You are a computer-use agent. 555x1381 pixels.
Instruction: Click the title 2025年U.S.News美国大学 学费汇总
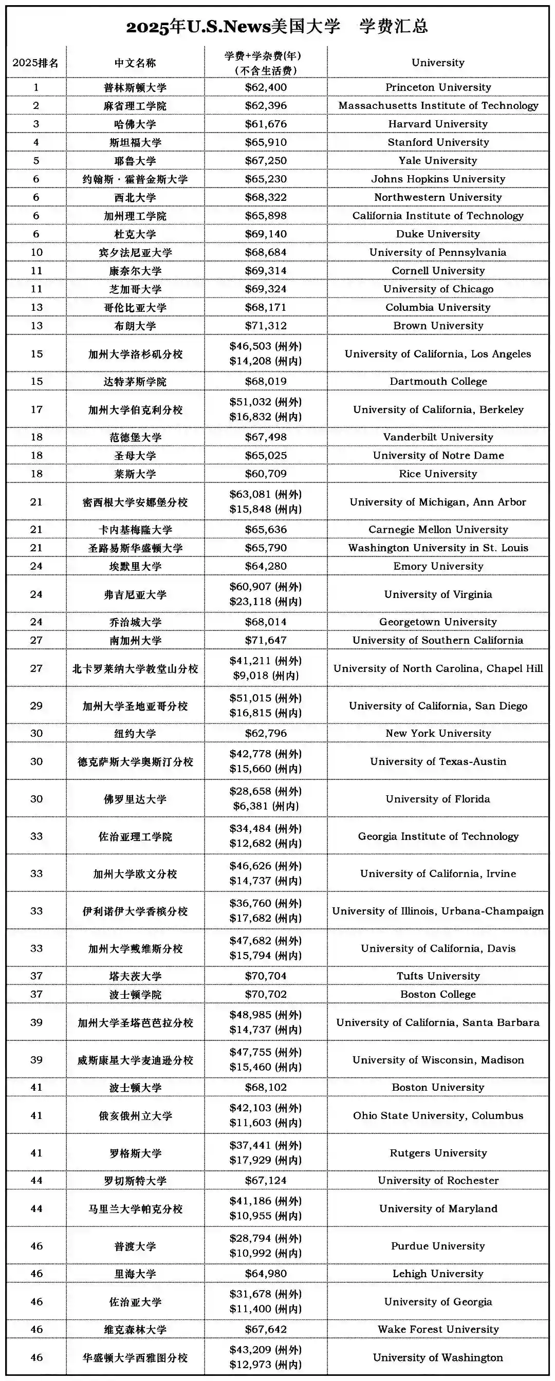(276, 27)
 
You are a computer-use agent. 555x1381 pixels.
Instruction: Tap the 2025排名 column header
(35, 63)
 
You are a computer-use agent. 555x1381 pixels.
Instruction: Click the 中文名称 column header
(135, 63)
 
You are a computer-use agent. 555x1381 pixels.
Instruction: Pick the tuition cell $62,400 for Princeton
(266, 87)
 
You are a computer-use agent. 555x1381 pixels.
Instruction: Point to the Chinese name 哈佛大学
(135, 124)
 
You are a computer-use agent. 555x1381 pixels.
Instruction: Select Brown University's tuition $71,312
(266, 326)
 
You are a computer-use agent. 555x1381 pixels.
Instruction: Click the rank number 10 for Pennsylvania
(36, 252)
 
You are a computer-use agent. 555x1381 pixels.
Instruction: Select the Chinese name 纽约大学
(135, 733)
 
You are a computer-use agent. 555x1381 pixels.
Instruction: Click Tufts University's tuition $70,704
(266, 976)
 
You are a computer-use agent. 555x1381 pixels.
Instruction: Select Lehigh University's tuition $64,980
(266, 1274)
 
